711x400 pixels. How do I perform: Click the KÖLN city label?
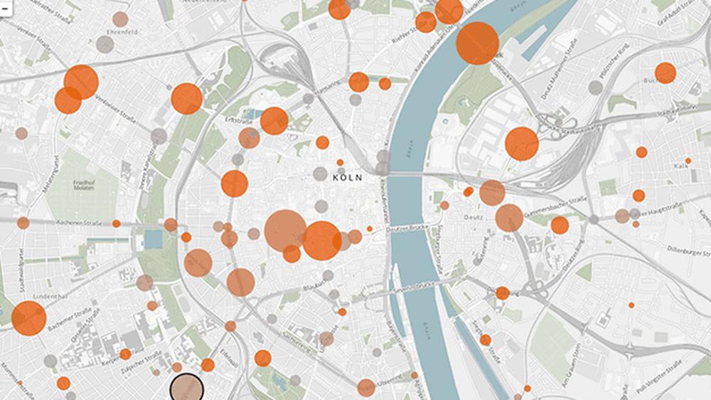coord(348,178)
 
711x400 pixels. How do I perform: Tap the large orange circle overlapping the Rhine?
coord(477,43)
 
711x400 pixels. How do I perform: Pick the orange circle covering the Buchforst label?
coord(665,73)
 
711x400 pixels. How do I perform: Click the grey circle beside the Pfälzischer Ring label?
coord(596,88)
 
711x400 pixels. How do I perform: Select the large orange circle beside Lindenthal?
coord(28,318)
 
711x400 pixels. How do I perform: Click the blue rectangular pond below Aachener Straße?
coord(153,238)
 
